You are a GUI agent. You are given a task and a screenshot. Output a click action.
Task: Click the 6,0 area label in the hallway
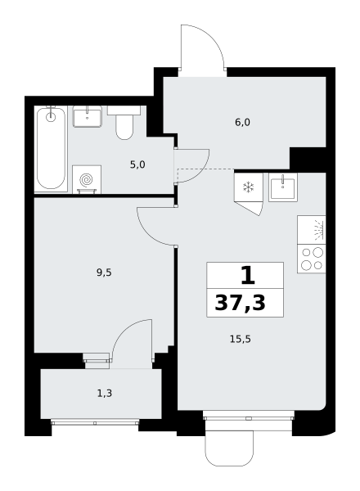point(242,123)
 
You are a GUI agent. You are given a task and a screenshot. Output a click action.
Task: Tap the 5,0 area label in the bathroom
point(137,164)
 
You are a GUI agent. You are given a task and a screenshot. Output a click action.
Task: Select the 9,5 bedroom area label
point(104,273)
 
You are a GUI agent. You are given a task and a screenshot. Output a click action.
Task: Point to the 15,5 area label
point(241,339)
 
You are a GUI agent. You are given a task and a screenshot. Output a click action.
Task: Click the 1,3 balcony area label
point(105,394)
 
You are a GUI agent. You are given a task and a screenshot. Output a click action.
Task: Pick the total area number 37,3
point(240,303)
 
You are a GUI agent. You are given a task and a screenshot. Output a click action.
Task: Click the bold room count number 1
point(248,276)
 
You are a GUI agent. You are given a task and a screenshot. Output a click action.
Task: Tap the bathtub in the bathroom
point(51,148)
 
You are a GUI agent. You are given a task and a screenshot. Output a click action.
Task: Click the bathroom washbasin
point(88,116)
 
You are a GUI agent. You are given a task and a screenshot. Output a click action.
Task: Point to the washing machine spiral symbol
point(87,180)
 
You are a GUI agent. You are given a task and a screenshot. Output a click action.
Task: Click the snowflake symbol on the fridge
point(249,187)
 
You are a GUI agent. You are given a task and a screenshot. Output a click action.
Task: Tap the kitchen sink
point(283,187)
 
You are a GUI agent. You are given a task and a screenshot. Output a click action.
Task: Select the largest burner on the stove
point(317,252)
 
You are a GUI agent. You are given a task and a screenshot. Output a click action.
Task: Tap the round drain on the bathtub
point(51,117)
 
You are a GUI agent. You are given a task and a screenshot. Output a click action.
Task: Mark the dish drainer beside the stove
point(312,230)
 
